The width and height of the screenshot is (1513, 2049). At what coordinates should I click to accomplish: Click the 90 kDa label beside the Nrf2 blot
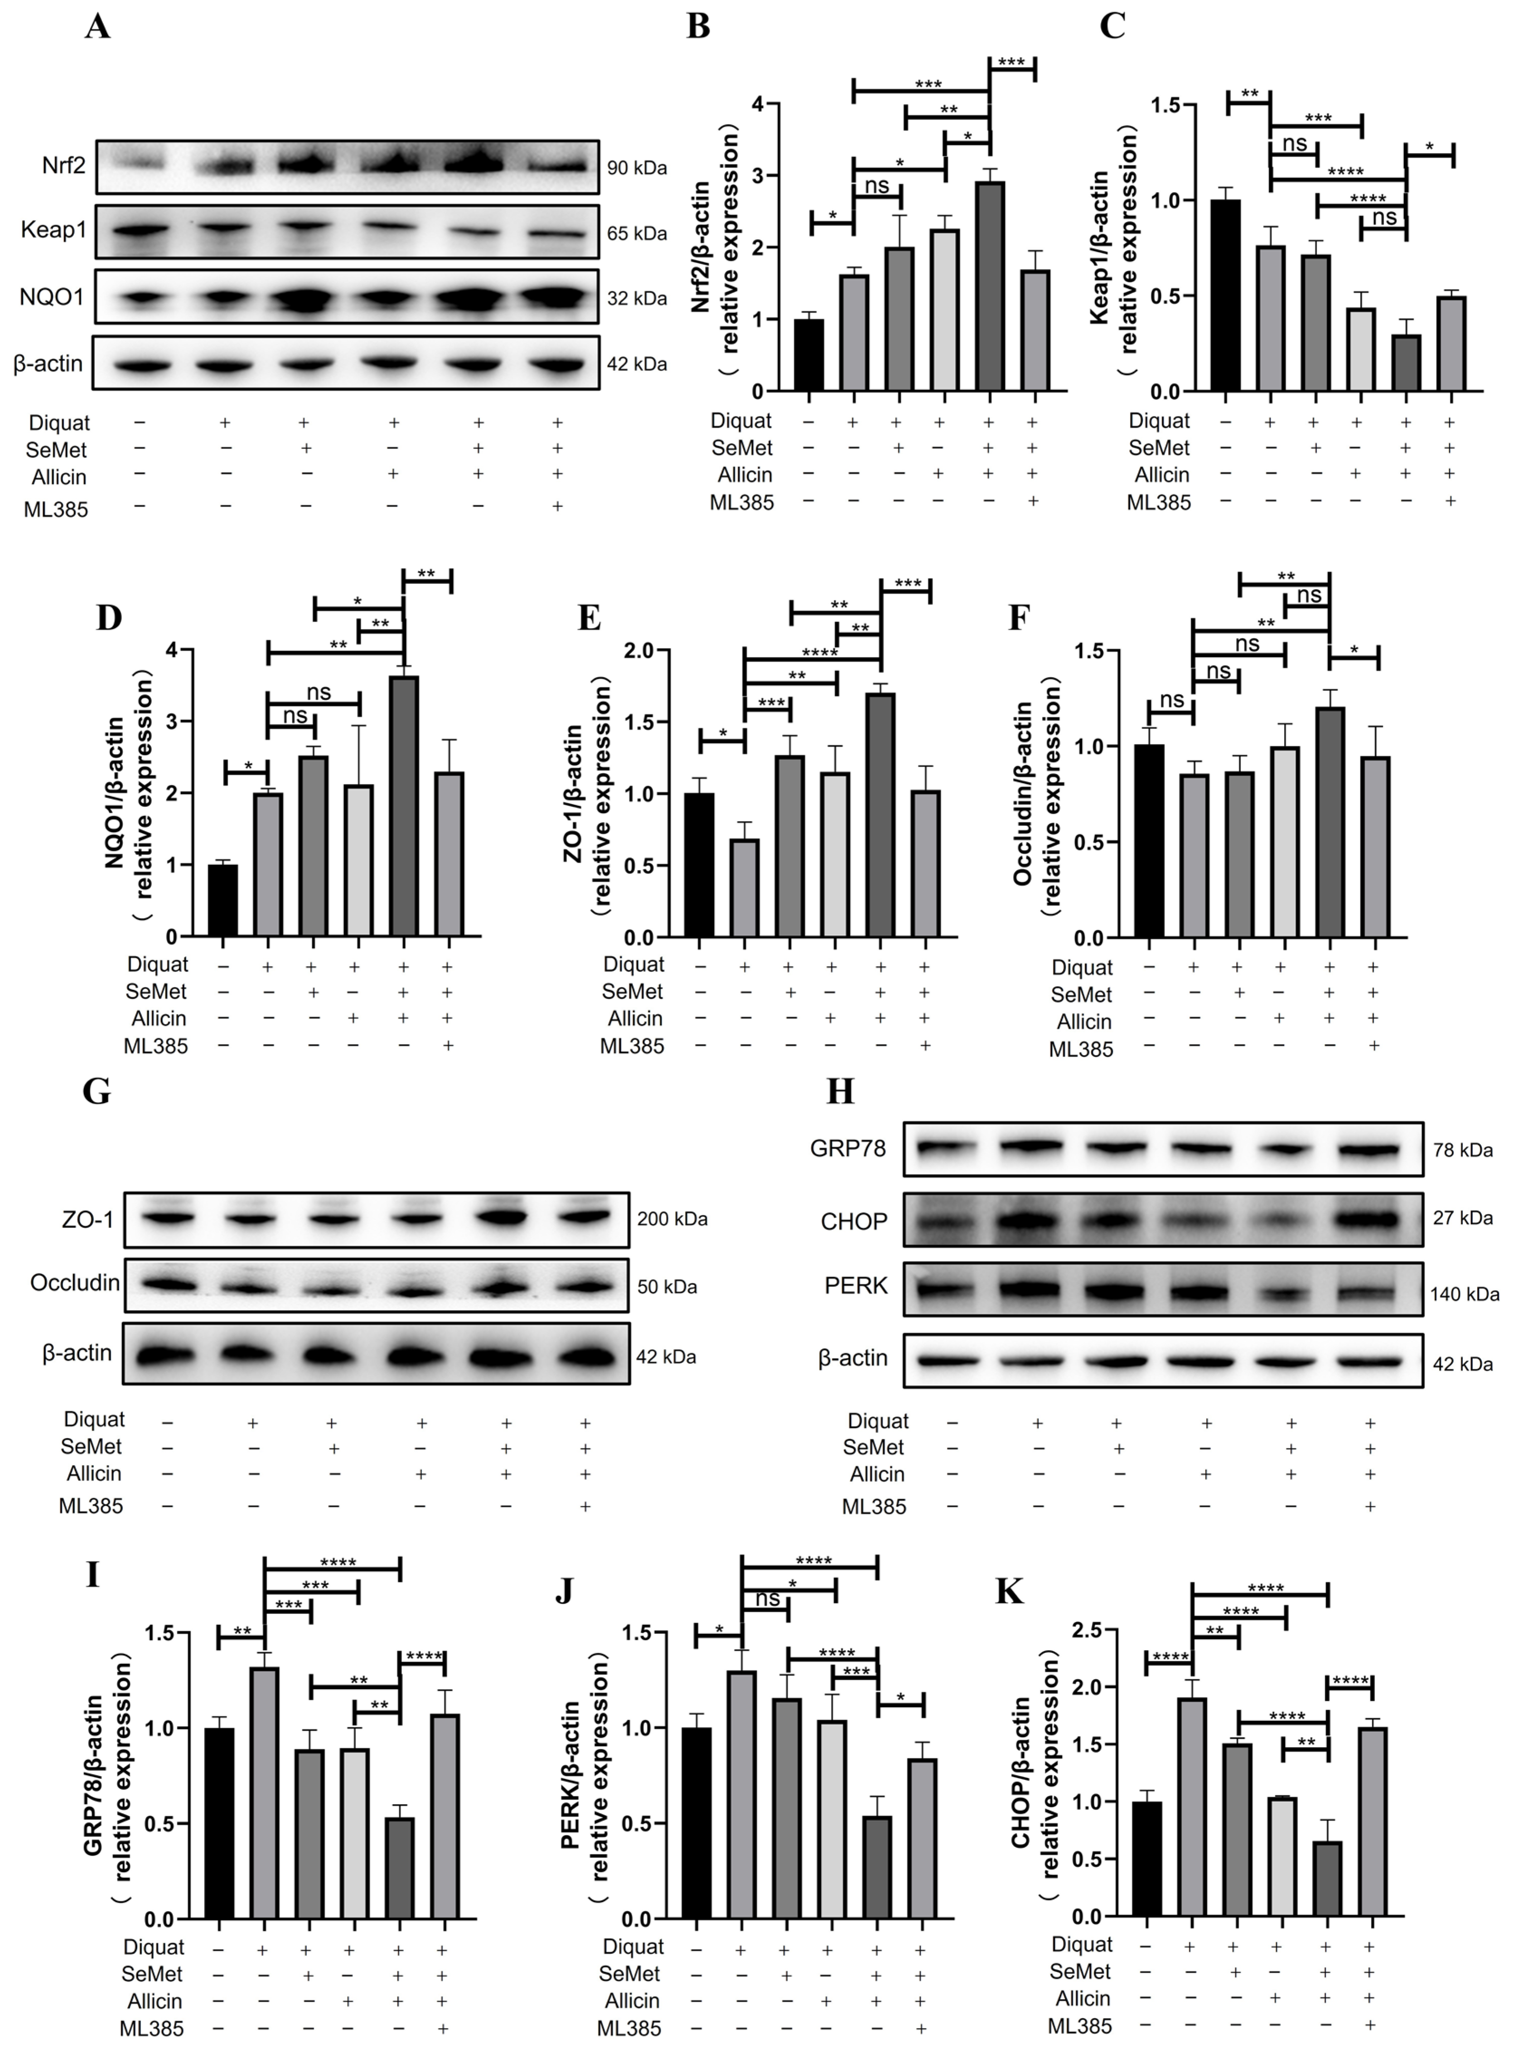point(637,169)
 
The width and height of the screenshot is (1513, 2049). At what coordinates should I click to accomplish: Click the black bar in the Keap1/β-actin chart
point(1225,295)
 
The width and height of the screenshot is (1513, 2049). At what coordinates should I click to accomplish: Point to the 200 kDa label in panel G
point(672,1219)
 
